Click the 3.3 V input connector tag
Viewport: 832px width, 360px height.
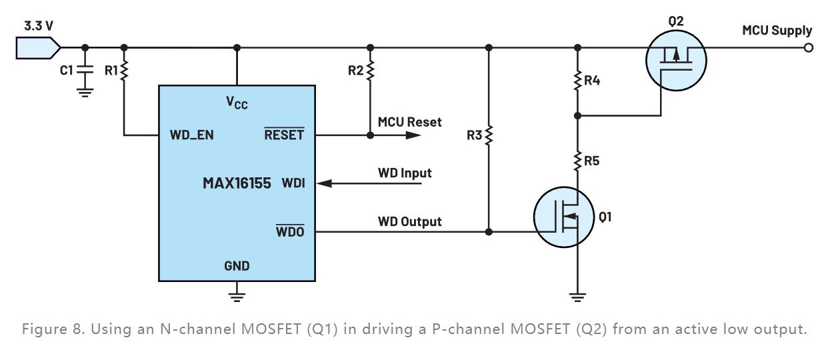pos(37,48)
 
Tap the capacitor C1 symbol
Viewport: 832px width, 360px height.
pos(85,69)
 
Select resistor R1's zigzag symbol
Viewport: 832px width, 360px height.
pos(124,69)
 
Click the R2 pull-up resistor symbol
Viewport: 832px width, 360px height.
pos(371,69)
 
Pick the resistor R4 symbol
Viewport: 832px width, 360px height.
pos(577,81)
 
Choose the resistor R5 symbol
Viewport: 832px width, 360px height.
pos(577,160)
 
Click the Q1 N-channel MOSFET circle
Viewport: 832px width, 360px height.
pos(564,217)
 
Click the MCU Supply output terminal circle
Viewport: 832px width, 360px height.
pos(809,48)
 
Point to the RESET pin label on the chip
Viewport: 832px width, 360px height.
pos(284,135)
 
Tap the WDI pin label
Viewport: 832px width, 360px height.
pos(293,183)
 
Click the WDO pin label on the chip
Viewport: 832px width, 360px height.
pos(290,232)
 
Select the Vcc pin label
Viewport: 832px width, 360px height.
pos(237,103)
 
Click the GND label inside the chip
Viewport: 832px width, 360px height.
pos(237,266)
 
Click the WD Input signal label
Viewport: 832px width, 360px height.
pos(405,173)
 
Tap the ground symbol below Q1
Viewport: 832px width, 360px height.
pos(577,295)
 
